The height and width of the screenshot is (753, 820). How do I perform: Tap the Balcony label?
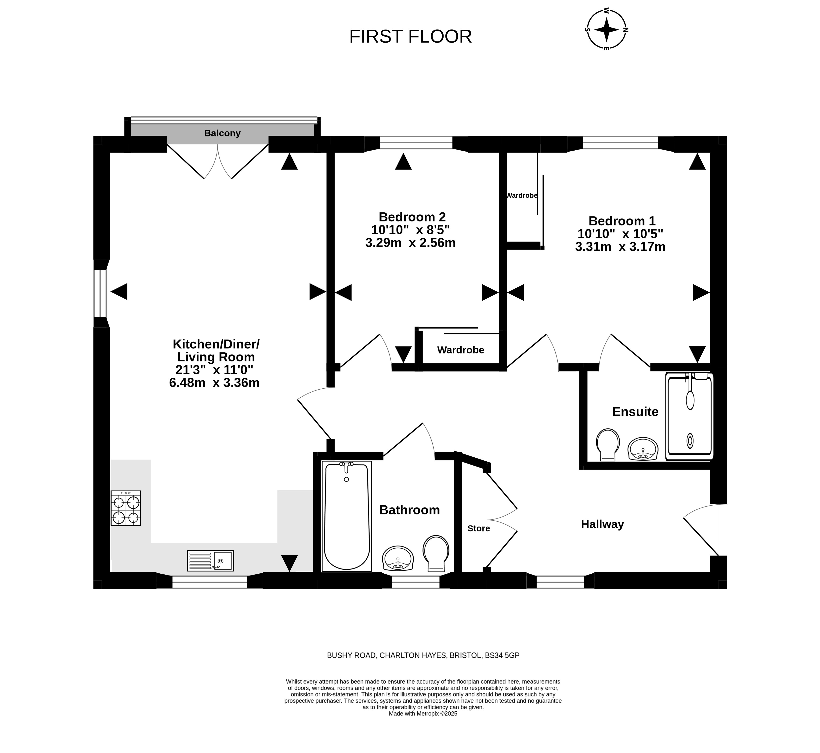(222, 133)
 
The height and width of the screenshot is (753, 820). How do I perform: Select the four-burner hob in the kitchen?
(126, 508)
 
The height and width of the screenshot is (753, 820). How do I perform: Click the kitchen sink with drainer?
(210, 561)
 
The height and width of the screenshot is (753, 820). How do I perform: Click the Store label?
(479, 529)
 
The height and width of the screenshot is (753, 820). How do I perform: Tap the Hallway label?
(603, 524)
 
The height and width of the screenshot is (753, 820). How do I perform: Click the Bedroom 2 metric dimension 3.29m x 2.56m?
(410, 243)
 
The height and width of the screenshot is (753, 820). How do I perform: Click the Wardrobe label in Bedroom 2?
(461, 350)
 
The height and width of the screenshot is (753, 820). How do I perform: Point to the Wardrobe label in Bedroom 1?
(522, 195)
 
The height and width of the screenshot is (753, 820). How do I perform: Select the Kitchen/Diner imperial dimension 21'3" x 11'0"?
(214, 370)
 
